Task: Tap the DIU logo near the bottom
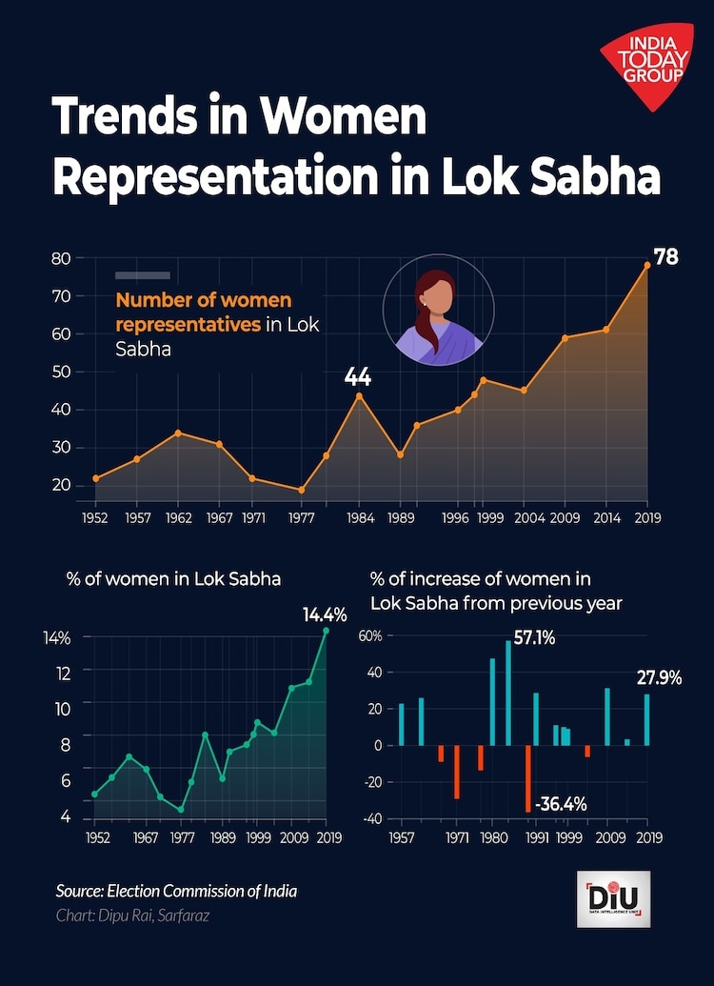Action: [x=613, y=898]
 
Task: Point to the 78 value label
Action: [x=665, y=256]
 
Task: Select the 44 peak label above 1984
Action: [x=358, y=377]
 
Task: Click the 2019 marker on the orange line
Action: [x=647, y=265]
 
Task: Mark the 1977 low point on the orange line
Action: [x=301, y=490]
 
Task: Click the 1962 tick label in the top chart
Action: [x=178, y=518]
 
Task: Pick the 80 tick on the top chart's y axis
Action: [x=62, y=258]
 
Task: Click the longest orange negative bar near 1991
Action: [x=528, y=778]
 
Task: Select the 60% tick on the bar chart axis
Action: [x=369, y=635]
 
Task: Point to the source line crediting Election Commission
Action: [x=176, y=892]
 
